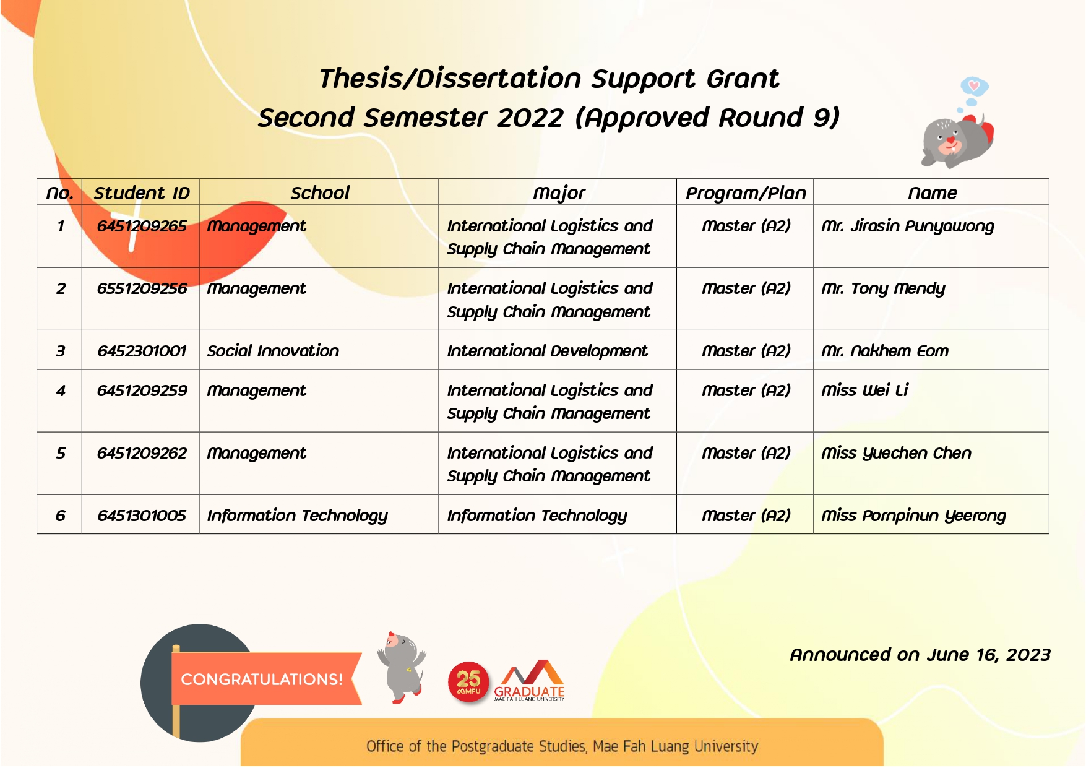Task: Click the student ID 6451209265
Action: pos(141,227)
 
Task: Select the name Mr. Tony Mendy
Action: pos(882,289)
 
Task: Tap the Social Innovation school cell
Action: pos(273,351)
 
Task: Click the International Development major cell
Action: pos(547,351)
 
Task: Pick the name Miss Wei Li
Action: pos(864,390)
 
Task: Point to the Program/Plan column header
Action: pos(745,193)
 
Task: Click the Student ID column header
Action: pos(141,193)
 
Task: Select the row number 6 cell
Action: pos(60,516)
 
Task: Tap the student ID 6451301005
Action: pos(141,516)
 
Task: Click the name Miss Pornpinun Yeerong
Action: pos(913,516)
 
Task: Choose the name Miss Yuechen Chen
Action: pos(895,453)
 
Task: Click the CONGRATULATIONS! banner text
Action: pos(261,680)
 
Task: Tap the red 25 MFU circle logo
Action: pos(468,683)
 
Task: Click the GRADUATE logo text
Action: pos(529,691)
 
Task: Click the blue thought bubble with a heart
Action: pos(974,86)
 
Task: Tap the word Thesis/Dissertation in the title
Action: pos(450,79)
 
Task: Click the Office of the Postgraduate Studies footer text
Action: pos(561,746)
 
